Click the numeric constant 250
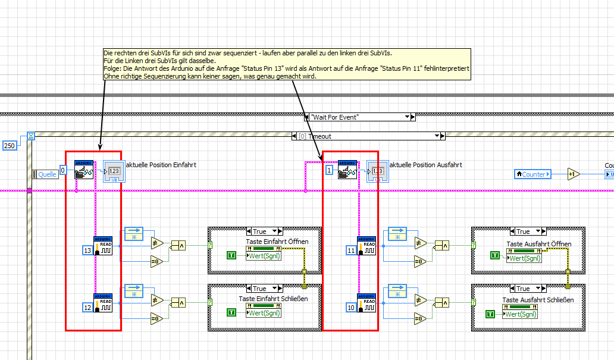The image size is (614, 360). click(x=10, y=145)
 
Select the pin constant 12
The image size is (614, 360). click(x=87, y=308)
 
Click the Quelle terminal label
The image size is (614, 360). click(x=47, y=174)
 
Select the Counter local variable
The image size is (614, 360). click(x=533, y=174)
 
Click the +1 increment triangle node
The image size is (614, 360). click(x=574, y=174)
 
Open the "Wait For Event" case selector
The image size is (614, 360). click(x=358, y=117)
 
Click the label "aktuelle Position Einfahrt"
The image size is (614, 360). click(x=161, y=165)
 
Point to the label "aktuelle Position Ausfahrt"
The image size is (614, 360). click(x=425, y=165)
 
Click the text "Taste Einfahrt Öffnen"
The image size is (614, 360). click(x=277, y=242)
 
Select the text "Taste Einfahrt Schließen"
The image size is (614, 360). click(x=273, y=299)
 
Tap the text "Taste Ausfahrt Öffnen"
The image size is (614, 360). click(x=539, y=244)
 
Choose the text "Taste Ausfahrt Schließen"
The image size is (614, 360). click(x=538, y=300)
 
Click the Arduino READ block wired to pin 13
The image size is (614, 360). click(x=103, y=246)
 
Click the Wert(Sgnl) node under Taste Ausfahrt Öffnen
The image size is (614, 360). click(x=524, y=258)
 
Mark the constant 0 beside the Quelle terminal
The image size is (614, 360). click(x=63, y=170)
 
